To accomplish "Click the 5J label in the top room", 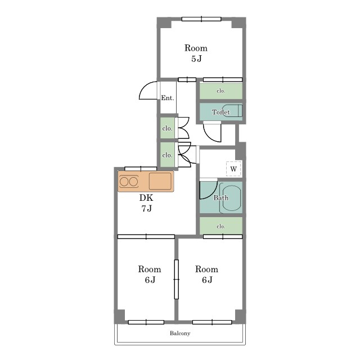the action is [196, 58].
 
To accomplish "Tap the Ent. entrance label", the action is [168, 98].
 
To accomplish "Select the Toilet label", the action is [220, 112].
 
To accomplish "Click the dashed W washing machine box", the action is [233, 169].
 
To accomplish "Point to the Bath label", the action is [221, 197].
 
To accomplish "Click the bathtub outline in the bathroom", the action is [230, 198].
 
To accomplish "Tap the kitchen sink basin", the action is [160, 181].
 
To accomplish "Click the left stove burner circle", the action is [124, 182].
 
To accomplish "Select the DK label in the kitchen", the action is [146, 197].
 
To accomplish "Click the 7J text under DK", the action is [146, 209].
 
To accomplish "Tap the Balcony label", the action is [180, 333].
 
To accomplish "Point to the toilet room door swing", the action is [211, 136].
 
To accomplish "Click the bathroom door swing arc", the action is [213, 192].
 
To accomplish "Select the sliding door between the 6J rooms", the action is [176, 279].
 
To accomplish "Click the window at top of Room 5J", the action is [201, 19].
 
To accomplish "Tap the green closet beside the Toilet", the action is [221, 91].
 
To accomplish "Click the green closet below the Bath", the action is [221, 226].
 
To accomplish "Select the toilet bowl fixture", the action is [232, 111].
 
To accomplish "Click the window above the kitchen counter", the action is [141, 169].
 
